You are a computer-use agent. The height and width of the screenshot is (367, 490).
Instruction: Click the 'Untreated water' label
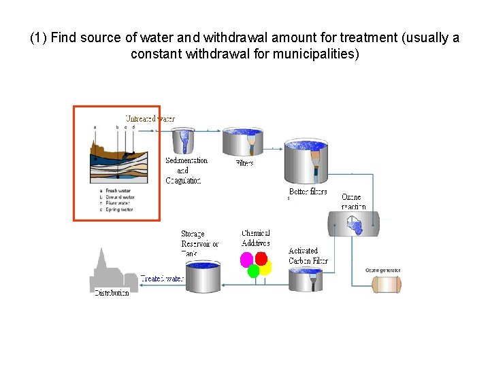click(150, 118)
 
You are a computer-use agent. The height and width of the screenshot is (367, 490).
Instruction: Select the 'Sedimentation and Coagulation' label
click(185, 171)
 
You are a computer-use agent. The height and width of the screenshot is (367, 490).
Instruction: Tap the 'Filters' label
click(244, 163)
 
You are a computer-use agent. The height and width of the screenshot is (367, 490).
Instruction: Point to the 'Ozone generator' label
click(382, 270)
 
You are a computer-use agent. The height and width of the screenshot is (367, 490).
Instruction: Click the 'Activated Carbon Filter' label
click(308, 256)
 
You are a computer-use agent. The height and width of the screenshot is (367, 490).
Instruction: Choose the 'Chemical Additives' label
click(256, 239)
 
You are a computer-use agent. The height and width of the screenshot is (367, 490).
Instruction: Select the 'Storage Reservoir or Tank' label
click(199, 243)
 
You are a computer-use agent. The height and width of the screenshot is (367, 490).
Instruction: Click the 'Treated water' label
click(162, 279)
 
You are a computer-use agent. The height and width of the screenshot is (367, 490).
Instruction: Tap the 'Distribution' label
click(112, 293)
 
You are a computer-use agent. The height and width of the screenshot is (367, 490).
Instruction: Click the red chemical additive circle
click(261, 258)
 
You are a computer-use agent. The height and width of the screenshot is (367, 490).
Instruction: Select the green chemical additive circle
click(253, 271)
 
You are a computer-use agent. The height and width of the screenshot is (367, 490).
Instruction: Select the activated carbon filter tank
click(306, 279)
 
